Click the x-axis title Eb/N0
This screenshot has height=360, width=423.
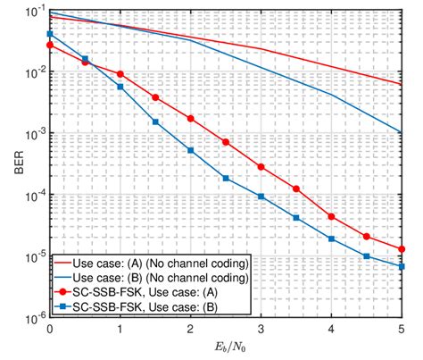click(x=226, y=349)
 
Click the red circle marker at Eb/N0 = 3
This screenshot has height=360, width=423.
click(x=261, y=167)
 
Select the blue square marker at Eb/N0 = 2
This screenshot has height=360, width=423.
click(x=190, y=150)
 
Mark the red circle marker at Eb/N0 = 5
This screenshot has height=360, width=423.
click(x=402, y=249)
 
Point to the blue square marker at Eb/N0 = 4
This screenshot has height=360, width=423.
click(x=331, y=239)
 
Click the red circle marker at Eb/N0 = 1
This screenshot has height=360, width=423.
click(x=120, y=72)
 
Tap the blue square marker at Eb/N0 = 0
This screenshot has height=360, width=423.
click(x=50, y=34)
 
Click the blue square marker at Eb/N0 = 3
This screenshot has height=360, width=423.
click(x=261, y=197)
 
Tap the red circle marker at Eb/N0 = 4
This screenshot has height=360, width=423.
click(x=331, y=216)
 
